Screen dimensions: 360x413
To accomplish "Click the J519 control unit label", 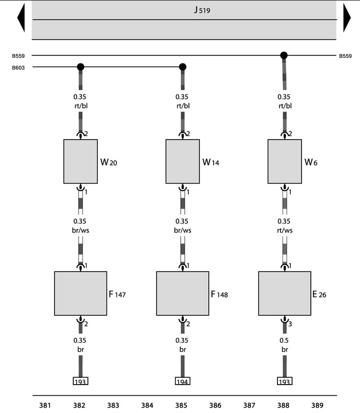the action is [202, 10].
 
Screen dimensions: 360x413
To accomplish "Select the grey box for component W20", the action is [81, 162].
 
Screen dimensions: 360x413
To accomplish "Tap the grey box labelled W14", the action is [183, 162].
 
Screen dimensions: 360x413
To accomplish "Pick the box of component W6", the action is [285, 162].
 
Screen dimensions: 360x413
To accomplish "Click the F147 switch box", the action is [81, 293].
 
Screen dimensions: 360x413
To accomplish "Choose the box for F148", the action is [183, 293].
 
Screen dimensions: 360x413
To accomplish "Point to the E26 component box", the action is [285, 293].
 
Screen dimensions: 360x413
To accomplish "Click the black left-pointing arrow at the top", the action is [21, 18].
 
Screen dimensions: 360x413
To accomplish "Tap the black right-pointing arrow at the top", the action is [347, 18].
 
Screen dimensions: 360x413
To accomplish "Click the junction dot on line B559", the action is [283, 55].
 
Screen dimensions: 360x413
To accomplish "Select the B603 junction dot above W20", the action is [81, 67].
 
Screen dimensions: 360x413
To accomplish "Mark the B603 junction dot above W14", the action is [183, 67].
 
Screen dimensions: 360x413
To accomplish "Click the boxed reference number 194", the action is [183, 381].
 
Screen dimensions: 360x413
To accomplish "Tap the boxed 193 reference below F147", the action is [81, 381].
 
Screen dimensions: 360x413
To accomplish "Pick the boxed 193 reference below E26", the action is [285, 381].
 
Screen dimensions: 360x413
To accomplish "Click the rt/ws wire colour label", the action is [285, 230].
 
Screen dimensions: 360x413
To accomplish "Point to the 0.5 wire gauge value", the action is [284, 340].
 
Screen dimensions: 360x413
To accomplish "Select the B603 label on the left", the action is [18, 68].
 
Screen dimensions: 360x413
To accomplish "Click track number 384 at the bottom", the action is [147, 405].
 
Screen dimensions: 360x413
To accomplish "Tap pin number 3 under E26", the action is [290, 324].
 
